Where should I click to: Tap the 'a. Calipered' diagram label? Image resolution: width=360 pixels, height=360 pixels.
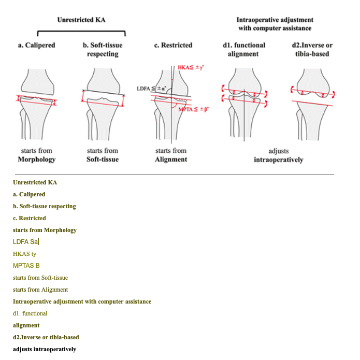coord(36,46)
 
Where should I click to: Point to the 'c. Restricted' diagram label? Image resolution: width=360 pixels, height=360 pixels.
coord(173,46)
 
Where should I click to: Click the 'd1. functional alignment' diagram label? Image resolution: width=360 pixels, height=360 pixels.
coord(243,50)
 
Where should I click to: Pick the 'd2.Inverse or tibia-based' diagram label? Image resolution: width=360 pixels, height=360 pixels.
coord(312,50)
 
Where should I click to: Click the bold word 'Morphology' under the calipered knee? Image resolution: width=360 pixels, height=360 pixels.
coord(36,160)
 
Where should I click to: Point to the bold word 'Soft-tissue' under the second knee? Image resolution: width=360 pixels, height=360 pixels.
coord(103,160)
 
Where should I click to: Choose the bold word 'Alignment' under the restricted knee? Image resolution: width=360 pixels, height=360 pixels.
coord(171,160)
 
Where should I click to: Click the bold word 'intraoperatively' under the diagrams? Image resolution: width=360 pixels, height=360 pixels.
coord(278,160)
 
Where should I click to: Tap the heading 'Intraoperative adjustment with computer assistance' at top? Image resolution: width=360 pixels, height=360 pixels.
coord(275,24)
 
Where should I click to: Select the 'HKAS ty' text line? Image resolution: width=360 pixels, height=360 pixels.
coord(24,254)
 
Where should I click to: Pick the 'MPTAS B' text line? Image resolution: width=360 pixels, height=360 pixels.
coord(26,266)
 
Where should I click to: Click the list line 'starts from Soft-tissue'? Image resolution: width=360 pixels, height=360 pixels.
coord(40,278)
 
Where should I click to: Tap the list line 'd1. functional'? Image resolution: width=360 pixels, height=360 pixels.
coord(30,313)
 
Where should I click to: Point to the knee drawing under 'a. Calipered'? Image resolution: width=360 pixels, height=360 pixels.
coord(36,104)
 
